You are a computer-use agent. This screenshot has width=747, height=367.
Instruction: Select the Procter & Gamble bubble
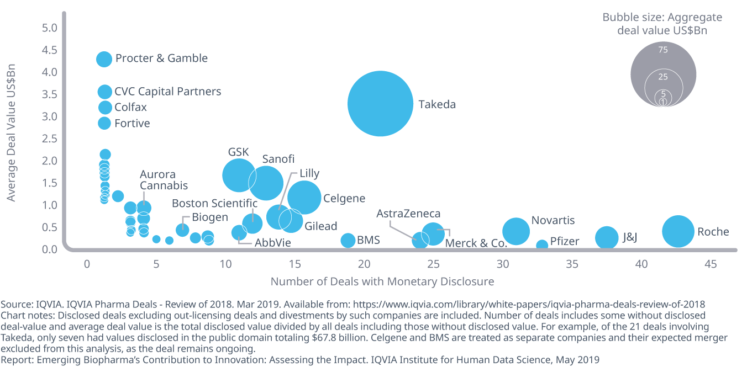[x=104, y=58]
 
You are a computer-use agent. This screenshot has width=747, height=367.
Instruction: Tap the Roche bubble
[x=677, y=232]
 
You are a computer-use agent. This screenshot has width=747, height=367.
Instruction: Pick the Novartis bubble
[x=516, y=231]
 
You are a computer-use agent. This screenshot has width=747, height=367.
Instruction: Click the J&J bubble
[x=607, y=237]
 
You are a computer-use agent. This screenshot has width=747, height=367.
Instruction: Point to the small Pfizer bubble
[x=542, y=245]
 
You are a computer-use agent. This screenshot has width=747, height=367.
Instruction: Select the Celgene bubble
[x=304, y=197]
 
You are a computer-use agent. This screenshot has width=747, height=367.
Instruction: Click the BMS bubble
[x=348, y=240]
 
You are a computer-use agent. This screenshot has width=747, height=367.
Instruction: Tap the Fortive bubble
[x=104, y=123]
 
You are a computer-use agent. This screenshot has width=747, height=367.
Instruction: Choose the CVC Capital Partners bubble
[x=104, y=92]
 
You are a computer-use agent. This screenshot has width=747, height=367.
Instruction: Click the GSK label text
[x=239, y=152]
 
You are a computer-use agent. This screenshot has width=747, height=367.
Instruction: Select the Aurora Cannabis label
[x=164, y=180]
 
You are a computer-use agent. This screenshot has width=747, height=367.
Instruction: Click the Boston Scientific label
[x=214, y=203]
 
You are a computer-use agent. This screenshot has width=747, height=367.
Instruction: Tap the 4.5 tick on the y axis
[x=50, y=50]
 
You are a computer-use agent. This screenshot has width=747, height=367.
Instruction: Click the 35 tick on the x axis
[x=572, y=264]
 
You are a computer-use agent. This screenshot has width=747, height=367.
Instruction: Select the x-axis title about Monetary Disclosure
[x=382, y=281]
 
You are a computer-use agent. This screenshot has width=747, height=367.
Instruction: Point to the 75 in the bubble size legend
[x=663, y=50]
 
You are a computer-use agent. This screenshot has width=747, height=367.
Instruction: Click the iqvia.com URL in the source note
[x=529, y=304]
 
